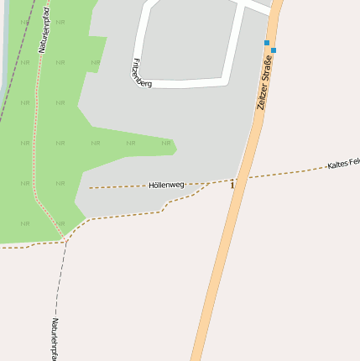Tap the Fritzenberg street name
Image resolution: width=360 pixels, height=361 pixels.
[142, 73]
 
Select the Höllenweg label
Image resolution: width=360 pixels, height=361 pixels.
[166, 184]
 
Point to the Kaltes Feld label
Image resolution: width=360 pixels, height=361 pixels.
[343, 162]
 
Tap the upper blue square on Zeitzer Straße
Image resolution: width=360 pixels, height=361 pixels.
[267, 42]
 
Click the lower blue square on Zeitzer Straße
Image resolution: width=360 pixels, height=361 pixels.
[274, 50]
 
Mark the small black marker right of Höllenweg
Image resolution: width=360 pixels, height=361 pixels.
[232, 184]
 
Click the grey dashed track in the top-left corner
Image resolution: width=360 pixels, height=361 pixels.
[17, 59]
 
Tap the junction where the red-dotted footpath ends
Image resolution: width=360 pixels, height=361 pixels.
[64, 240]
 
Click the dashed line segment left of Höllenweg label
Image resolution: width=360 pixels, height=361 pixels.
[117, 186]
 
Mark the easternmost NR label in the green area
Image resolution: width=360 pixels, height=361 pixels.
[166, 143]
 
